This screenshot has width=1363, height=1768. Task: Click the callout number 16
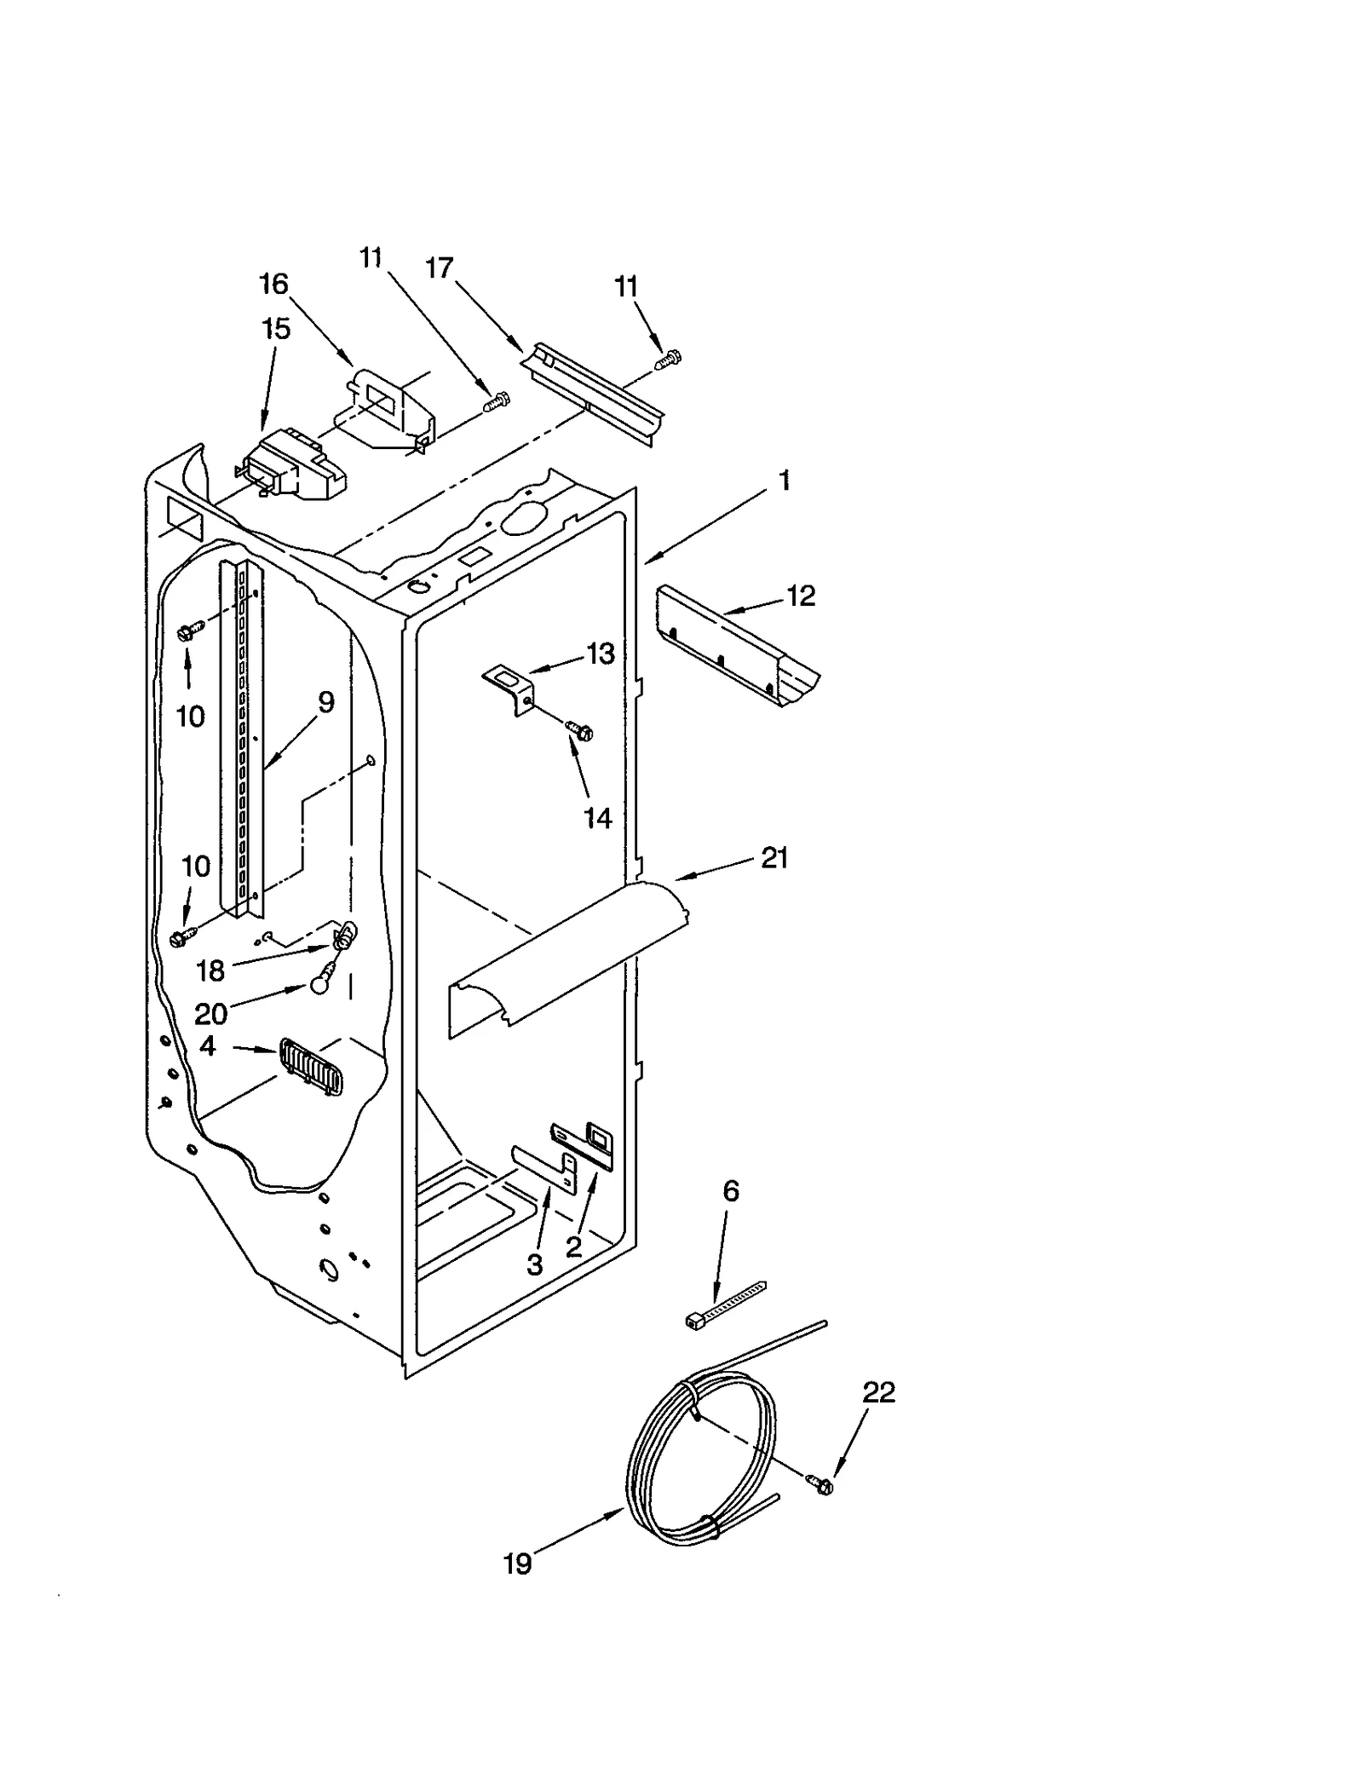click(273, 284)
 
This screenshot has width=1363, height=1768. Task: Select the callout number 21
click(774, 858)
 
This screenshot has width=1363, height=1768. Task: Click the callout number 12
click(801, 596)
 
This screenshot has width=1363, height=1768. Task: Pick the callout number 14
click(597, 818)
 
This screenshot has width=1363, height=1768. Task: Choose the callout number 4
click(208, 1045)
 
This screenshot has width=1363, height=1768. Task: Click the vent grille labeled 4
click(311, 1068)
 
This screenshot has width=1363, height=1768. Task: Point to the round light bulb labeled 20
click(319, 983)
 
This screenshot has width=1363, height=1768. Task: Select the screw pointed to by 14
click(581, 729)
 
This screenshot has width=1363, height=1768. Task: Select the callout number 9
click(325, 703)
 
